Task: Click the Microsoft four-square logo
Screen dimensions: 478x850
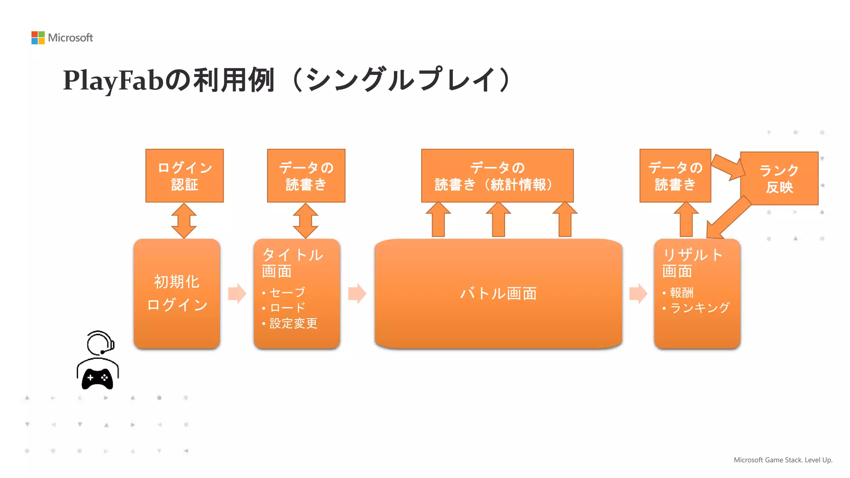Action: [x=38, y=38]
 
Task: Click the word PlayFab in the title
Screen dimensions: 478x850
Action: [x=113, y=80]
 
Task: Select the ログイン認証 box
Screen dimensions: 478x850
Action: [x=184, y=176]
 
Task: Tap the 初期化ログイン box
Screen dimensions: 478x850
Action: [x=177, y=293]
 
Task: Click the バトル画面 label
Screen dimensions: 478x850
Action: [x=498, y=293]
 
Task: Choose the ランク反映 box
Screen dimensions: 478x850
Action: [x=779, y=178]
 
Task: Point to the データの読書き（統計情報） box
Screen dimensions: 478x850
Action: [x=497, y=176]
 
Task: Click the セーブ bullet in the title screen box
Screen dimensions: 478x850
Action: [x=287, y=293]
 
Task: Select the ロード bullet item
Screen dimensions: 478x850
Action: [x=287, y=308]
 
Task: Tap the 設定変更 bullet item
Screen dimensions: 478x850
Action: [x=293, y=323]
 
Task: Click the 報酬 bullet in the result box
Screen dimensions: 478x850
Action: [x=681, y=293]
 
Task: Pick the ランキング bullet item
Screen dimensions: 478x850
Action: [x=699, y=308]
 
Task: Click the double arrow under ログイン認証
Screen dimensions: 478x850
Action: [x=184, y=220]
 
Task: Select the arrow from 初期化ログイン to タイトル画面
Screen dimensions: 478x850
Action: [x=237, y=293]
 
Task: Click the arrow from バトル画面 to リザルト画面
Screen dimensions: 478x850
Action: [x=638, y=293]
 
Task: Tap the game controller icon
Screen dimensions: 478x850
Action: [x=98, y=378]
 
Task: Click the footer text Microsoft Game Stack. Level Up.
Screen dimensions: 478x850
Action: [x=783, y=460]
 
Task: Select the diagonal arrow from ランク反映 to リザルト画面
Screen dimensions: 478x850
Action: [x=728, y=217]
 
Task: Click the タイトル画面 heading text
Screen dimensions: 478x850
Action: [x=292, y=263]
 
